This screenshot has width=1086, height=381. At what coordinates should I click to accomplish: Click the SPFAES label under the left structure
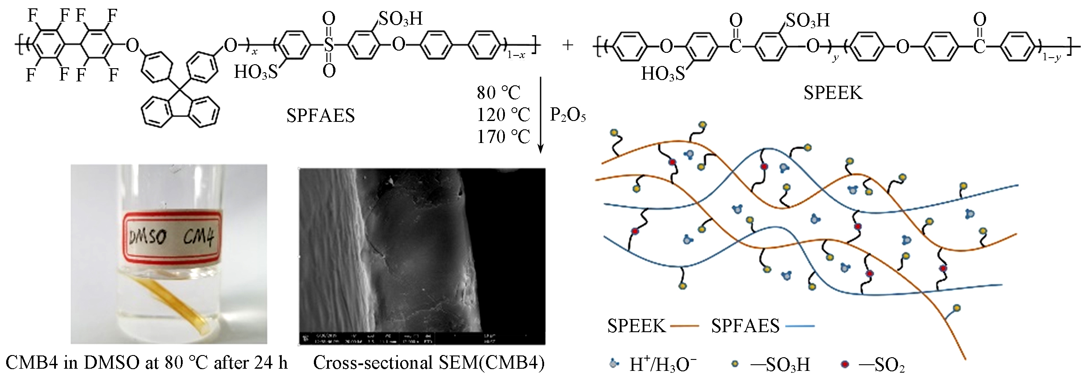pos(320,116)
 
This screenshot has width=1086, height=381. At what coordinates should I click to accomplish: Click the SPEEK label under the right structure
pos(833,93)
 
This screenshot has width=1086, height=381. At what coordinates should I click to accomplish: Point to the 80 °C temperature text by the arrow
pos(499,93)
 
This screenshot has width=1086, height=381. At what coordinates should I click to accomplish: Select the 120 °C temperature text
pos(503,115)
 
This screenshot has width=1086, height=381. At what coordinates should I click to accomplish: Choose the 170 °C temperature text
pos(503,137)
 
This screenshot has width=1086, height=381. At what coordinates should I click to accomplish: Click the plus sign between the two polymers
pos(568,45)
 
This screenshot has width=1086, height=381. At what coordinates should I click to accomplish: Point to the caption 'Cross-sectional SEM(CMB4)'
pos(429,363)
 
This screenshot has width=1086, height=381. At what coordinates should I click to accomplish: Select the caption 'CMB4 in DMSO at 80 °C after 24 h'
pos(147,363)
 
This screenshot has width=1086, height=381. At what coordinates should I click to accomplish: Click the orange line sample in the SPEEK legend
pos(685,326)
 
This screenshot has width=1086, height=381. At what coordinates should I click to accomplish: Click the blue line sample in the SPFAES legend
pos(799,326)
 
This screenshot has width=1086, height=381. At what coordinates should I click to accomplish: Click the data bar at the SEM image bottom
pos(422,338)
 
